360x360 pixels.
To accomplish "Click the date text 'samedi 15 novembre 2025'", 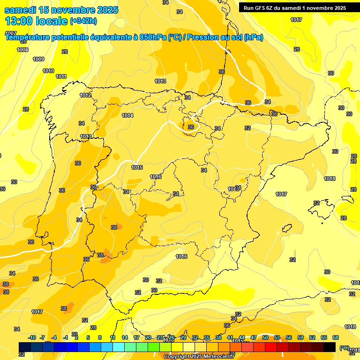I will click(x=61, y=10).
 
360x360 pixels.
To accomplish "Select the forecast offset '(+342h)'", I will click(x=83, y=21).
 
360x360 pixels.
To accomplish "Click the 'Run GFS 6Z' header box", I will click(x=295, y=7).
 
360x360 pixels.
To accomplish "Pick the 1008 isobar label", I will click(x=22, y=50).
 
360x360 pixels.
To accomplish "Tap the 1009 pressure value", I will click(x=38, y=59).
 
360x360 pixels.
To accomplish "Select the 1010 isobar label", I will click(x=48, y=71).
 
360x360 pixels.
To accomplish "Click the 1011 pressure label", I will click(x=61, y=76).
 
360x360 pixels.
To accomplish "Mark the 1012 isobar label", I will click(x=85, y=95).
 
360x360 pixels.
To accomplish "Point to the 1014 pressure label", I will click(x=127, y=115).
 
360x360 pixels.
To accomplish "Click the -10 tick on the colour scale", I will click(x=32, y=337).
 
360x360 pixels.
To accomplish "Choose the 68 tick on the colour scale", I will click(x=336, y=337).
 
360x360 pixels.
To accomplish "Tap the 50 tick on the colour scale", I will click(x=265, y=337).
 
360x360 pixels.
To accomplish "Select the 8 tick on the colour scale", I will click(x=100, y=337).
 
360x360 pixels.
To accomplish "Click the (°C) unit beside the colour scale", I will click(x=345, y=348).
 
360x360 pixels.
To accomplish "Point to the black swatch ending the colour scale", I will click(x=330, y=347).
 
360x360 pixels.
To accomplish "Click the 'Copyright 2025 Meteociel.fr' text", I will click(x=199, y=356).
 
